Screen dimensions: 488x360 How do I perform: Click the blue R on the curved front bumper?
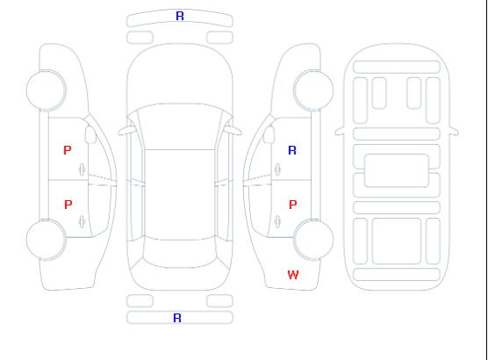[x=180, y=16]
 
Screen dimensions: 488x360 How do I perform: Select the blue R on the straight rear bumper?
[x=177, y=318]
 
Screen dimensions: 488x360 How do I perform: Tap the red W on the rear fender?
[x=293, y=275]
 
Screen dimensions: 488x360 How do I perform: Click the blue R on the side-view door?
[x=292, y=150]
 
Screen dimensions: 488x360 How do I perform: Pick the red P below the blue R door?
[x=293, y=205]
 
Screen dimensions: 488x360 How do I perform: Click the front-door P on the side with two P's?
[x=68, y=150]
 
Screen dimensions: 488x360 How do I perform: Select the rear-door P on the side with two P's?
[x=68, y=205]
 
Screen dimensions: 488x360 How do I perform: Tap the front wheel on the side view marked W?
[x=313, y=90]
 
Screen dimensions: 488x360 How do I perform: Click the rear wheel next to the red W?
[x=313, y=240]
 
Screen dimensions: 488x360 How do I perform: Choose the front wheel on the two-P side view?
[x=46, y=90]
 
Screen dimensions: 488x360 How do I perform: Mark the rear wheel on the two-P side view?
[x=46, y=240]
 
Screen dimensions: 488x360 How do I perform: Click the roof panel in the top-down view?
[x=180, y=195]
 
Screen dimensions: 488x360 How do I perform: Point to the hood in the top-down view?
[x=180, y=75]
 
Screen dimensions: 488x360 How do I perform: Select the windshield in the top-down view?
[x=180, y=126]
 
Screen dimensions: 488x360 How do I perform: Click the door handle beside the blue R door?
[x=277, y=169]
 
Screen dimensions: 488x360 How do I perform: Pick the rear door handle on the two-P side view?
[x=83, y=222]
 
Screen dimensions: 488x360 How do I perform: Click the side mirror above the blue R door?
[x=269, y=134]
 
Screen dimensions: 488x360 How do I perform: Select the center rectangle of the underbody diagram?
[x=397, y=170]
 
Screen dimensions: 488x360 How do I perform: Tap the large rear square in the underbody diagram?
[x=397, y=241]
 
